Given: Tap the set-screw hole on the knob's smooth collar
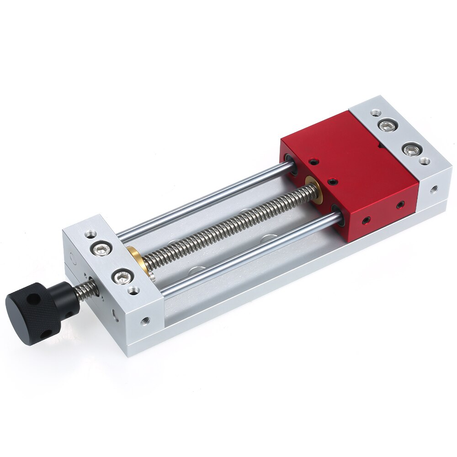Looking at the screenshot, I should (69, 302).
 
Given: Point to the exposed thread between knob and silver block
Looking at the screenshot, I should (87, 291).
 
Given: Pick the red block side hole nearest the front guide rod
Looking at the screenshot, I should (366, 221).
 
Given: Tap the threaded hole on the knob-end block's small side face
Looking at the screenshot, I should (145, 320).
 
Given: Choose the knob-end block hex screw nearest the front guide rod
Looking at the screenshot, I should (123, 276).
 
